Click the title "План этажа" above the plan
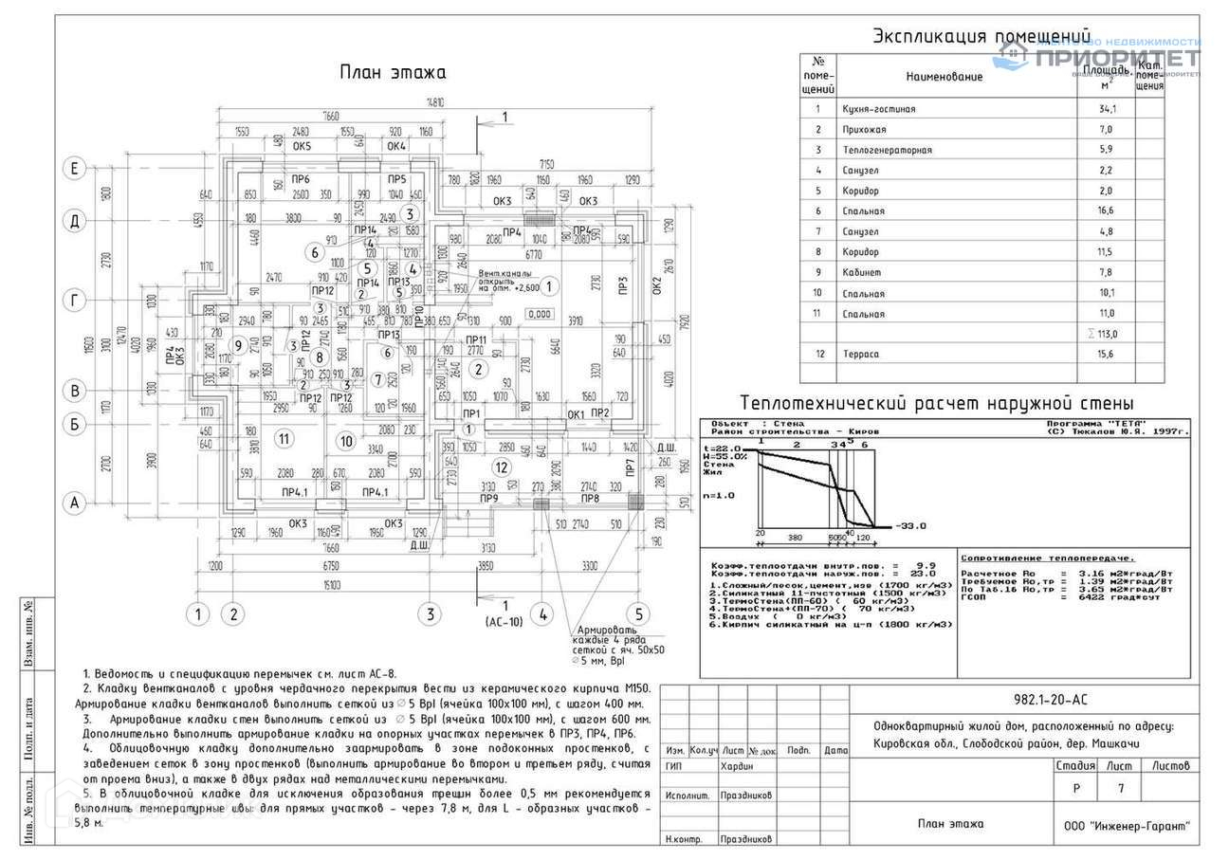point(393,73)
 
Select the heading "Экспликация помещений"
point(981,37)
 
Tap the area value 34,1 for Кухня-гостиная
point(1108,109)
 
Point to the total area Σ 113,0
point(1106,334)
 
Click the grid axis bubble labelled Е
point(74,169)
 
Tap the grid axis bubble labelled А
point(74,503)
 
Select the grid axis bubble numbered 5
point(638,613)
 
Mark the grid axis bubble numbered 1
point(197,613)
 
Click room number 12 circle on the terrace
point(503,467)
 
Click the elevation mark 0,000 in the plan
point(540,314)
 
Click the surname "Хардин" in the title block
point(737,766)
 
